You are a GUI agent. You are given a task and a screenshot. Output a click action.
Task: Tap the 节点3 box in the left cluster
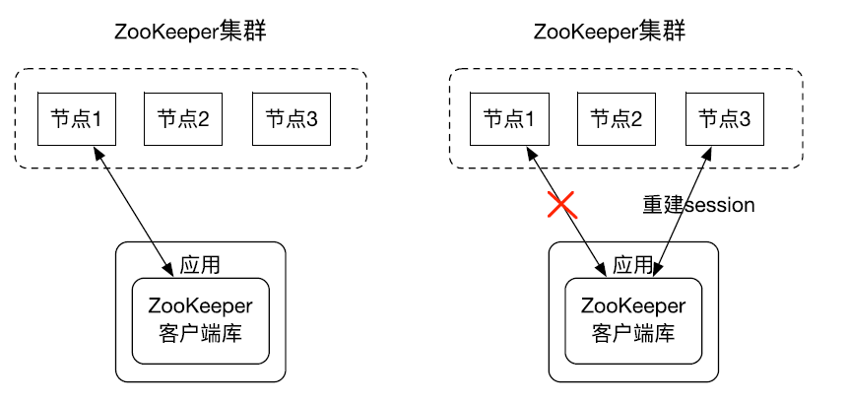pyautogui.click(x=292, y=119)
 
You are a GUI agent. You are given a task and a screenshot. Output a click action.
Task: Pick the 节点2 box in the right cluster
pyautogui.click(x=617, y=119)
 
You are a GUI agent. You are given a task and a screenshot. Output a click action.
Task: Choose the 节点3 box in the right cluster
pyautogui.click(x=725, y=119)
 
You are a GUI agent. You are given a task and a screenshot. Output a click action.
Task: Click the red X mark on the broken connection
pyautogui.click(x=561, y=205)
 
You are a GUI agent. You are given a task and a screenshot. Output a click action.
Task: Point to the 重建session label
pyautogui.click(x=698, y=206)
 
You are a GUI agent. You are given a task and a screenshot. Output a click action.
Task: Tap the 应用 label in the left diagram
pyautogui.click(x=200, y=265)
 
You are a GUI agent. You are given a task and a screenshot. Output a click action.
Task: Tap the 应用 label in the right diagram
pyautogui.click(x=632, y=265)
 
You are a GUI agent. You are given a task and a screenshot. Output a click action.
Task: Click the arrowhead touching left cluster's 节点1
pyautogui.click(x=97, y=151)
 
